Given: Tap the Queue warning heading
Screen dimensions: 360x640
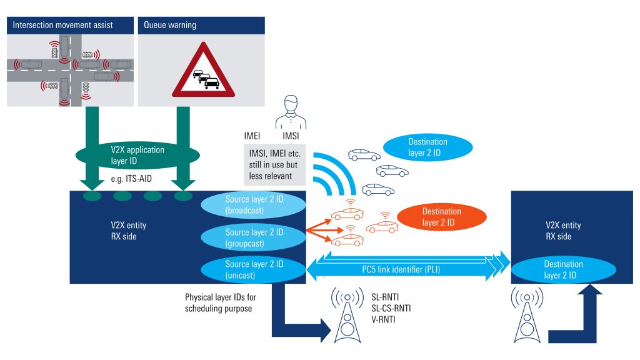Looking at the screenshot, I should (x=171, y=26).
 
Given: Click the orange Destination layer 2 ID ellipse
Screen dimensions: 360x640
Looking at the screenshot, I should (x=441, y=216).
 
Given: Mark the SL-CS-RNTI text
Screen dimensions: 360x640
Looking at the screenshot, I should (x=391, y=309).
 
